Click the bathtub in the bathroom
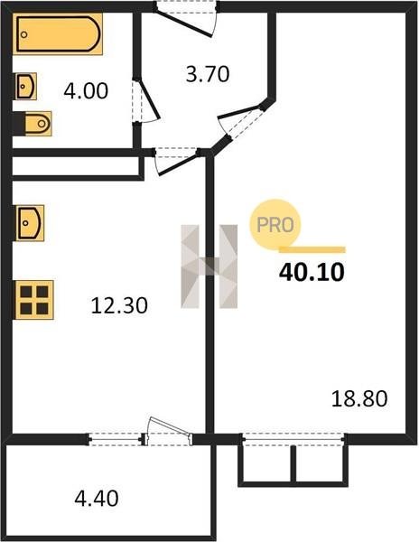(x=58, y=34)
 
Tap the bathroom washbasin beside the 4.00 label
(x=26, y=87)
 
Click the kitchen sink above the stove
(x=30, y=223)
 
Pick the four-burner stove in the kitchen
(x=33, y=300)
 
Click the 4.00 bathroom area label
(x=86, y=91)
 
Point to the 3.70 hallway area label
(x=208, y=74)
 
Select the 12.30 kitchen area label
(x=119, y=305)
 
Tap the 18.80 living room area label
(x=359, y=398)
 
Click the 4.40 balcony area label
(x=97, y=498)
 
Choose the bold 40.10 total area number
(x=312, y=272)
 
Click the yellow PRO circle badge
(x=275, y=225)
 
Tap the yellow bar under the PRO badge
(x=312, y=249)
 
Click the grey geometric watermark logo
(x=209, y=266)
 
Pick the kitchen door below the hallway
(x=176, y=162)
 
